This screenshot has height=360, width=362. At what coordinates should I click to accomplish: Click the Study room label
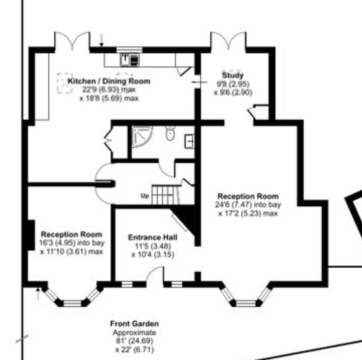tap(233, 75)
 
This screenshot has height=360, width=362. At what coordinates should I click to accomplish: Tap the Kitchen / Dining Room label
tap(109, 81)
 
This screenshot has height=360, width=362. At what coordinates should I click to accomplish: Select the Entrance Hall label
tap(153, 237)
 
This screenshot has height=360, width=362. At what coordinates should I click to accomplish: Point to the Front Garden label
tap(134, 323)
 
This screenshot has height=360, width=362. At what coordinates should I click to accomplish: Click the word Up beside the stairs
tap(145, 196)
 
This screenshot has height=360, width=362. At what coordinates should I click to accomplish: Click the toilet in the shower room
tap(170, 133)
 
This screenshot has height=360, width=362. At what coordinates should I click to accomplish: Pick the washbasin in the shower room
tap(189, 141)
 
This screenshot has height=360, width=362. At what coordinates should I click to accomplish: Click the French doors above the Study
tap(228, 41)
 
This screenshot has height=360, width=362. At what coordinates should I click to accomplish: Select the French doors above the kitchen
tap(72, 41)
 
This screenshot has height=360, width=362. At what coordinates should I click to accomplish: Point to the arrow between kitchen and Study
tap(199, 82)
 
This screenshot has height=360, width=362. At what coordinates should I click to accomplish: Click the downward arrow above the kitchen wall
tap(101, 40)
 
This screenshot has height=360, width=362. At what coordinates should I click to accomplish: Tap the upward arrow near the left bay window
tap(38, 294)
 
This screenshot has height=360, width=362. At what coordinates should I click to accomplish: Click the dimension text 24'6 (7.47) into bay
tap(248, 205)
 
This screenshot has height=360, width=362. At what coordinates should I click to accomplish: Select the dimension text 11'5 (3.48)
tap(153, 246)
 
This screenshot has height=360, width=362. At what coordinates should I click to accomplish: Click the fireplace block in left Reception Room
tap(31, 235)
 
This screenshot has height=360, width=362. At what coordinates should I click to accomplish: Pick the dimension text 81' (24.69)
tap(134, 341)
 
